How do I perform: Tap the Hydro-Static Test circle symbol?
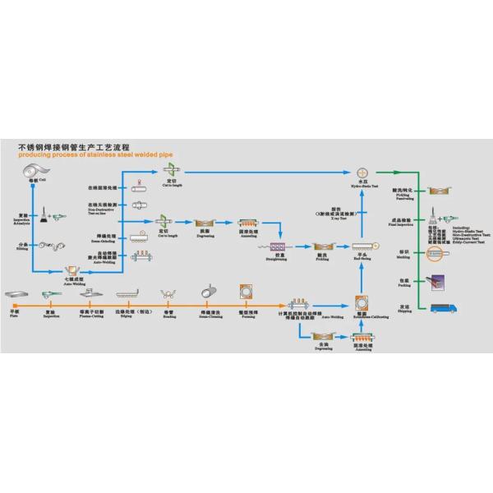362,173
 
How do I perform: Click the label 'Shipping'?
404,312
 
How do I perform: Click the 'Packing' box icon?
438,281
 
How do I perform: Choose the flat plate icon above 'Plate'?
17,294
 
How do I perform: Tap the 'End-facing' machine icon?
360,246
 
